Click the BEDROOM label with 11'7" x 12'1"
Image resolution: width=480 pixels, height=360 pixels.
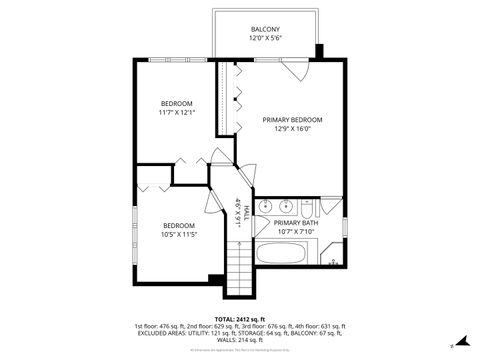[x=177, y=103]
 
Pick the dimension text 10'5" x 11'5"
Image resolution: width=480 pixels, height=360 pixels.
[x=177, y=235]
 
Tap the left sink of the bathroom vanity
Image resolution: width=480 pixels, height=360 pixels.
[x=266, y=207]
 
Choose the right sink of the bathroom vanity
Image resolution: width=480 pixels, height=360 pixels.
[x=286, y=207]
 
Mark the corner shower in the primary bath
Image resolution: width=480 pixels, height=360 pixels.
[x=334, y=258]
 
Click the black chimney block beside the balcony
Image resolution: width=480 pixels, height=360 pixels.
[x=319, y=52]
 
